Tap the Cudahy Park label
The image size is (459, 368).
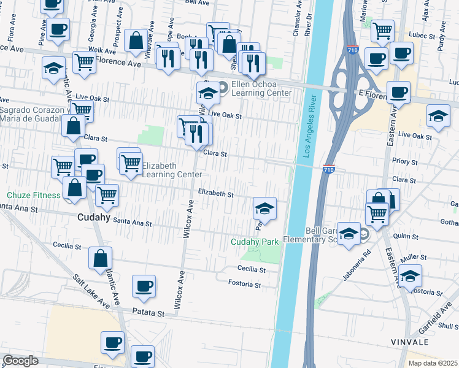[x=255, y=242]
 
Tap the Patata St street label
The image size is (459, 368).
[x=150, y=313]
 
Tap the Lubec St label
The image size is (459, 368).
[x=423, y=36]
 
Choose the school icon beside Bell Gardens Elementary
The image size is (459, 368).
[x=349, y=233]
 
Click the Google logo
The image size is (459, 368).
[x=20, y=361]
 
